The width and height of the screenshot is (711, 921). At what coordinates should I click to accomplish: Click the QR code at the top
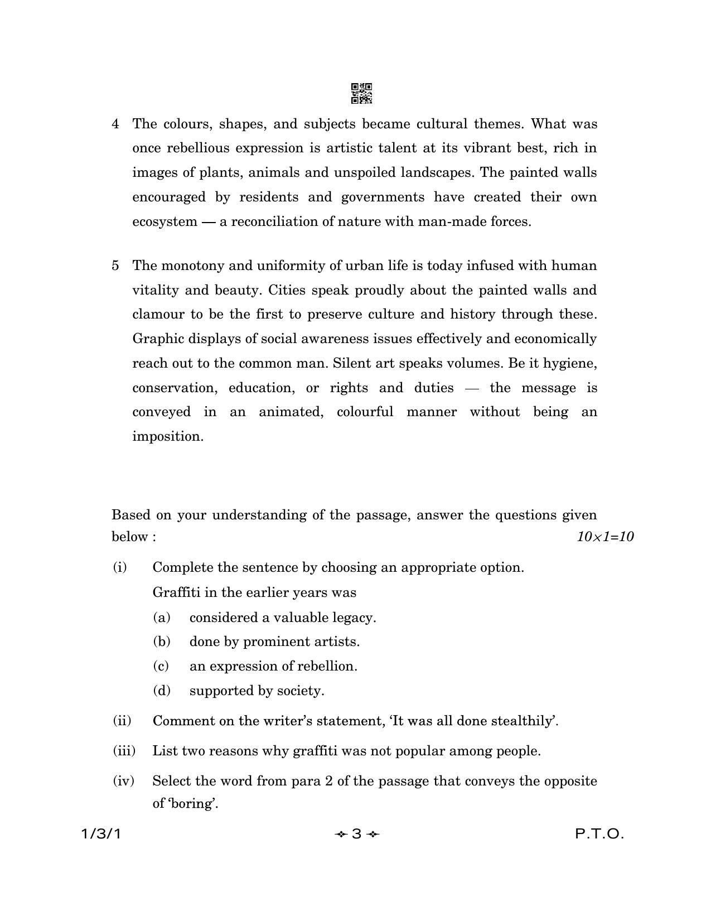click(x=361, y=94)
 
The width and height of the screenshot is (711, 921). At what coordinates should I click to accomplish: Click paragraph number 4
click(x=115, y=124)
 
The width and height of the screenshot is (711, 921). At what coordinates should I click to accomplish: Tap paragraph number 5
click(x=115, y=266)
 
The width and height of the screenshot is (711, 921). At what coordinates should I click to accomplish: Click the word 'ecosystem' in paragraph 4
click(x=165, y=222)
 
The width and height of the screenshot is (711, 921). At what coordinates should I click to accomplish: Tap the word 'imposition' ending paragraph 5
click(x=167, y=437)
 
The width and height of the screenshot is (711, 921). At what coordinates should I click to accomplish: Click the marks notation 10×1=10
click(x=605, y=537)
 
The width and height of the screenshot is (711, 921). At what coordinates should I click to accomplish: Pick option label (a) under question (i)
click(x=162, y=618)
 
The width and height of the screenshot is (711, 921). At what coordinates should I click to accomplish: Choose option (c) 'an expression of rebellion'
click(x=273, y=666)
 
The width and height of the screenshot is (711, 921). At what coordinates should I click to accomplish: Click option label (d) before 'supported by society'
click(x=162, y=691)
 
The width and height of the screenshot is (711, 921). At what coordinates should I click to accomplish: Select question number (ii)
click(x=122, y=721)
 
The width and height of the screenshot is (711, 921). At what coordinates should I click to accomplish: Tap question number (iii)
click(x=124, y=751)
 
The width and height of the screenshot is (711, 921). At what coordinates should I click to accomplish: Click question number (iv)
click(x=123, y=781)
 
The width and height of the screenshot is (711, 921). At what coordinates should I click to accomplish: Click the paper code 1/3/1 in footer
click(x=100, y=835)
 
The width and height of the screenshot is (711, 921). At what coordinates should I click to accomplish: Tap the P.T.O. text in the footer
click(x=599, y=835)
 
